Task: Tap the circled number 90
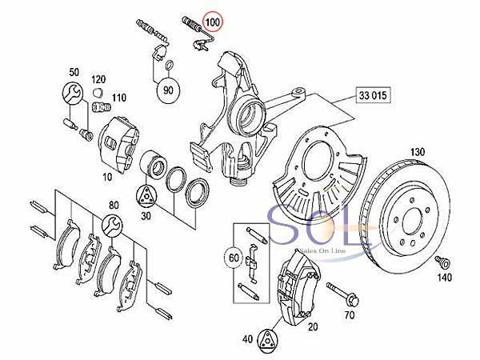[168, 90]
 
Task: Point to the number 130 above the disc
[416, 152]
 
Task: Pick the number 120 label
[98, 80]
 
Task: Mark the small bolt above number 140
[442, 262]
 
